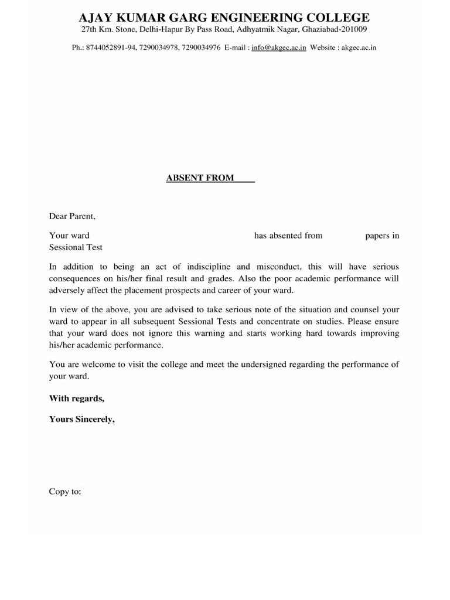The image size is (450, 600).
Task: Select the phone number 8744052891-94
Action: click(111, 47)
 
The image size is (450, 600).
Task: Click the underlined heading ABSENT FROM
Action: click(200, 178)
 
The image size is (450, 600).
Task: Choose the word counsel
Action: click(367, 309)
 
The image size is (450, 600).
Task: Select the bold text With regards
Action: click(77, 399)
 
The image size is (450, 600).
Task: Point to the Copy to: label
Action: click(65, 492)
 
